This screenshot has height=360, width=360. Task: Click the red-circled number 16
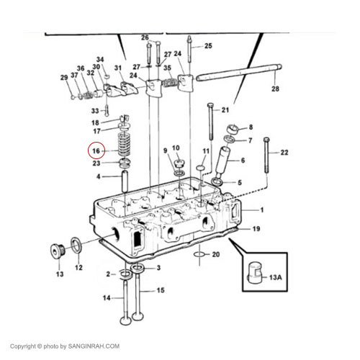[x=96, y=151]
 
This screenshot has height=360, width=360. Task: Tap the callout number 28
[x=275, y=89]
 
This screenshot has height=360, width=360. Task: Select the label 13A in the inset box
[x=276, y=277]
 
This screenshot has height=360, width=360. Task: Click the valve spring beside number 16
[x=124, y=144]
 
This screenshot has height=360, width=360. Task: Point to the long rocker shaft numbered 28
[x=239, y=72]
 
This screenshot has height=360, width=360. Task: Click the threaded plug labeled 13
[x=58, y=251]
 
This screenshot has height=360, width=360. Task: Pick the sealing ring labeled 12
[x=76, y=245]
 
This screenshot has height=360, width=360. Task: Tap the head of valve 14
[x=125, y=321]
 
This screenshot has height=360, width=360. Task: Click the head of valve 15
[x=138, y=316]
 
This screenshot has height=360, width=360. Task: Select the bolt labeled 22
[x=266, y=156]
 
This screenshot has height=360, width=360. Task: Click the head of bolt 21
[x=210, y=105]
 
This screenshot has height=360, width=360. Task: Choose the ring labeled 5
[x=217, y=182]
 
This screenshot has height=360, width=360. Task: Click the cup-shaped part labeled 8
[x=233, y=130]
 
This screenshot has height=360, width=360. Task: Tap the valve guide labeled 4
[x=125, y=181]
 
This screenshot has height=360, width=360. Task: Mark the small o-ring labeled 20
[x=199, y=254]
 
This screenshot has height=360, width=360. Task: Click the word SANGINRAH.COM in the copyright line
[x=94, y=346]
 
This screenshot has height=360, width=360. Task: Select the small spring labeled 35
[x=171, y=83]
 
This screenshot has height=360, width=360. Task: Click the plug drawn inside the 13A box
[x=255, y=273]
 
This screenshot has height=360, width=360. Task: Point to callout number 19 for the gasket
[x=256, y=229]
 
